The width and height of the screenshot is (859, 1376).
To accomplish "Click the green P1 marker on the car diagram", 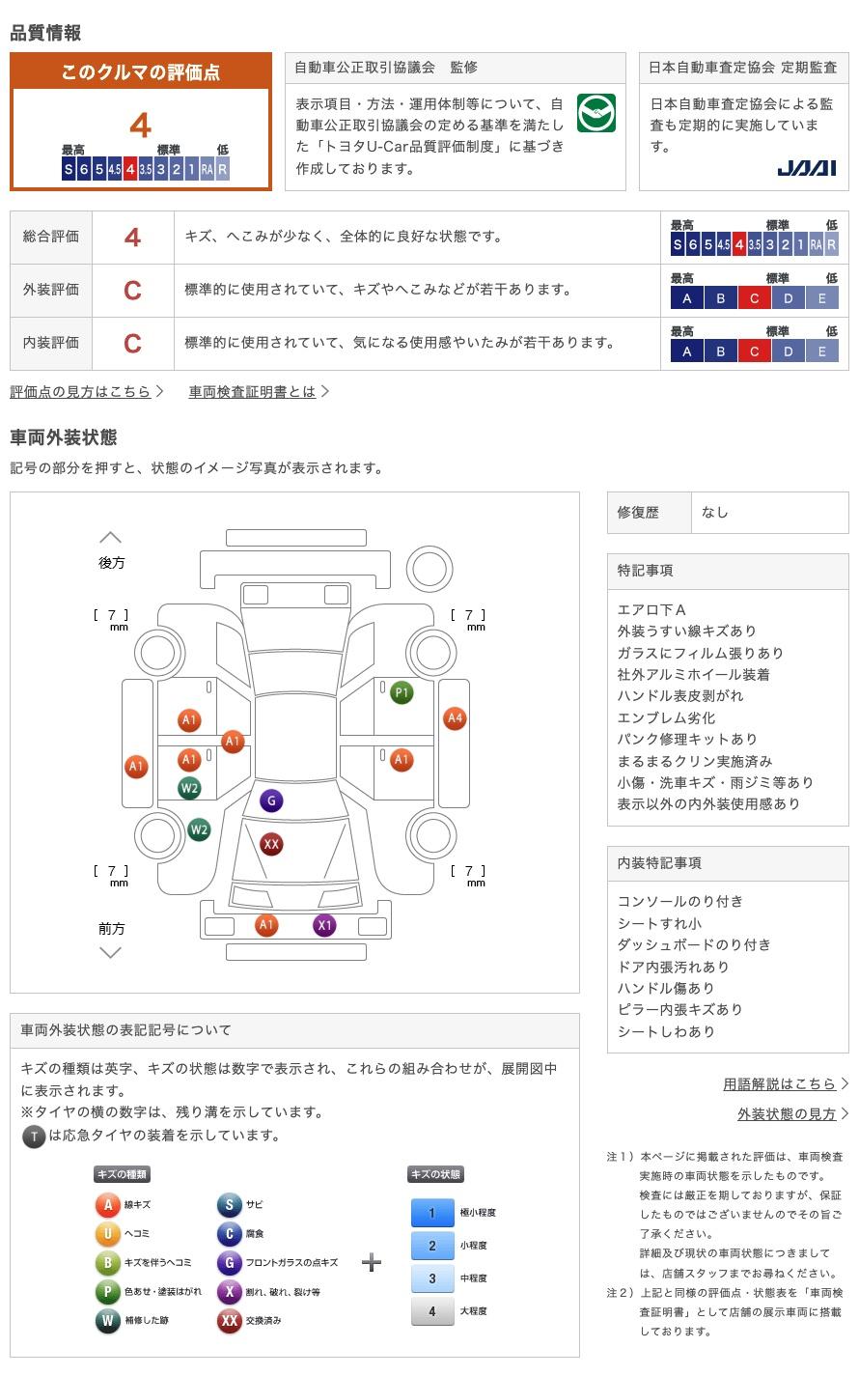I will tap(402, 692).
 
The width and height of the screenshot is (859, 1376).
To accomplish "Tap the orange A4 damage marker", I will tap(455, 718).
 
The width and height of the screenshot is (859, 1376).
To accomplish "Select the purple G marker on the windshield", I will tap(271, 800).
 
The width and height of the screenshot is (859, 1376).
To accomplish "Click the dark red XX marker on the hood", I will tap(271, 844).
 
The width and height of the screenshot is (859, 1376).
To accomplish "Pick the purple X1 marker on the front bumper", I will tap(324, 925).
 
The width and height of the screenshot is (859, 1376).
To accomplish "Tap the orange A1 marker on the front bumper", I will tap(266, 925).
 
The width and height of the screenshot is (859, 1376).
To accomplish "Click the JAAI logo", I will tap(806, 168).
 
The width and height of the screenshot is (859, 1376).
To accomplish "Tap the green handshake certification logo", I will tap(596, 113).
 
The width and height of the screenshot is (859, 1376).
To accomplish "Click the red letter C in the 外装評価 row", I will tap(132, 290).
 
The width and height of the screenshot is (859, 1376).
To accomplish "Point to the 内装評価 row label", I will tap(51, 342).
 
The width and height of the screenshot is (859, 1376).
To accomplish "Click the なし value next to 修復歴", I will tap(715, 513).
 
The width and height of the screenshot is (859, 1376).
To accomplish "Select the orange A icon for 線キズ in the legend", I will tap(108, 1204).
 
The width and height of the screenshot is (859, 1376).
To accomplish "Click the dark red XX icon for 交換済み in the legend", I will tap(229, 1320).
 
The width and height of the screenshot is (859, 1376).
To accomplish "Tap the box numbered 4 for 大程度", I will tap(431, 1311).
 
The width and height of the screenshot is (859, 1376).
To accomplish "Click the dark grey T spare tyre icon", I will tap(34, 1137).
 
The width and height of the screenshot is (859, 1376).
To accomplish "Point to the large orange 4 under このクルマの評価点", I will tap(141, 126).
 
